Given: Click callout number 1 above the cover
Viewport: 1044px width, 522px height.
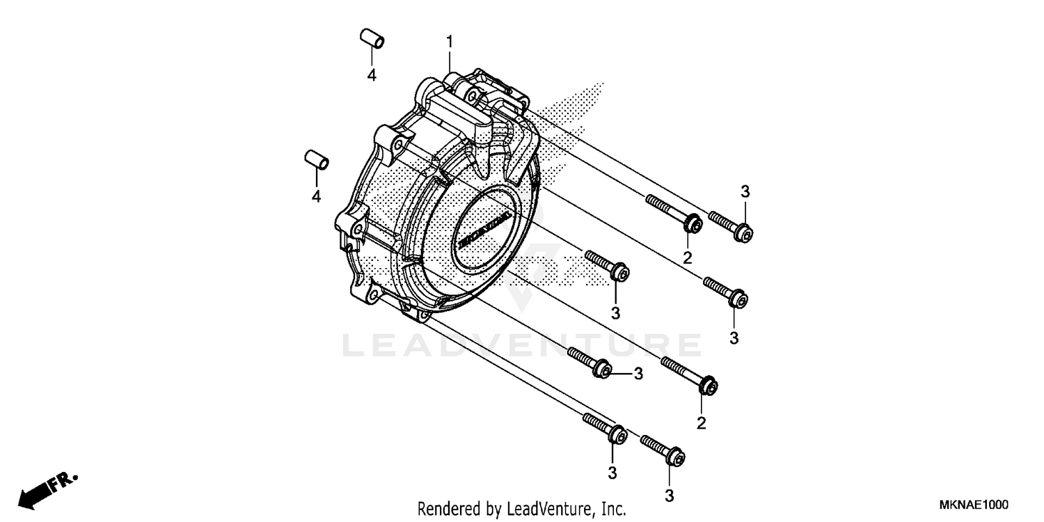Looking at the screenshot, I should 450,42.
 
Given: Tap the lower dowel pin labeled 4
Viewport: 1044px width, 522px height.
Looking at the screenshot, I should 316,159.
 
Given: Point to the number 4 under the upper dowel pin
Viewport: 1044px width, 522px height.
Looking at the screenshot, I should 372,75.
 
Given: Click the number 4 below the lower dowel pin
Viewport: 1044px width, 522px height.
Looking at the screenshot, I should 316,197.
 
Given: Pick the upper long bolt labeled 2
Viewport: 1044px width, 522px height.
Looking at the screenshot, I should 673,212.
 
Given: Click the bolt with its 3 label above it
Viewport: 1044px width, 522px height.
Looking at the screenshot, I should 730,226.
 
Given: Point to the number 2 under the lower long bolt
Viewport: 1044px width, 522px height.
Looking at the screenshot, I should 702,422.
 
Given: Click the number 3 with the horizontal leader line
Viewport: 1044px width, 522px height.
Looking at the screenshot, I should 638,374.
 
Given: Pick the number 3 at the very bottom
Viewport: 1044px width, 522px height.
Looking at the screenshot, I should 669,496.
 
